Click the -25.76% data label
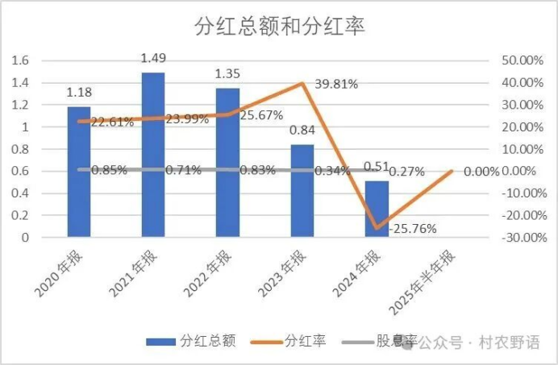pyautogui.click(x=412, y=229)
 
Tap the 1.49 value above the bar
pyautogui.click(x=153, y=58)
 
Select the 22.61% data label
pyautogui.click(x=114, y=122)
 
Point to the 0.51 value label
pyautogui.click(x=376, y=167)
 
